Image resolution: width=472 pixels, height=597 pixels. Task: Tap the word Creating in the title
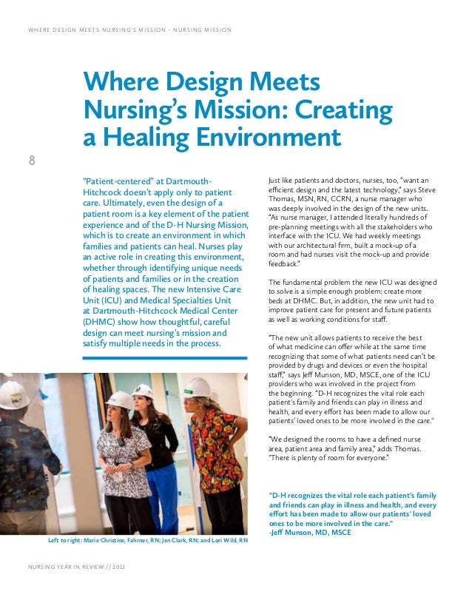point(344,110)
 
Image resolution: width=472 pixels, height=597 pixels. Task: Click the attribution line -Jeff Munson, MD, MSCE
point(311,531)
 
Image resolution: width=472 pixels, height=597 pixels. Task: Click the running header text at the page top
point(129,30)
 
